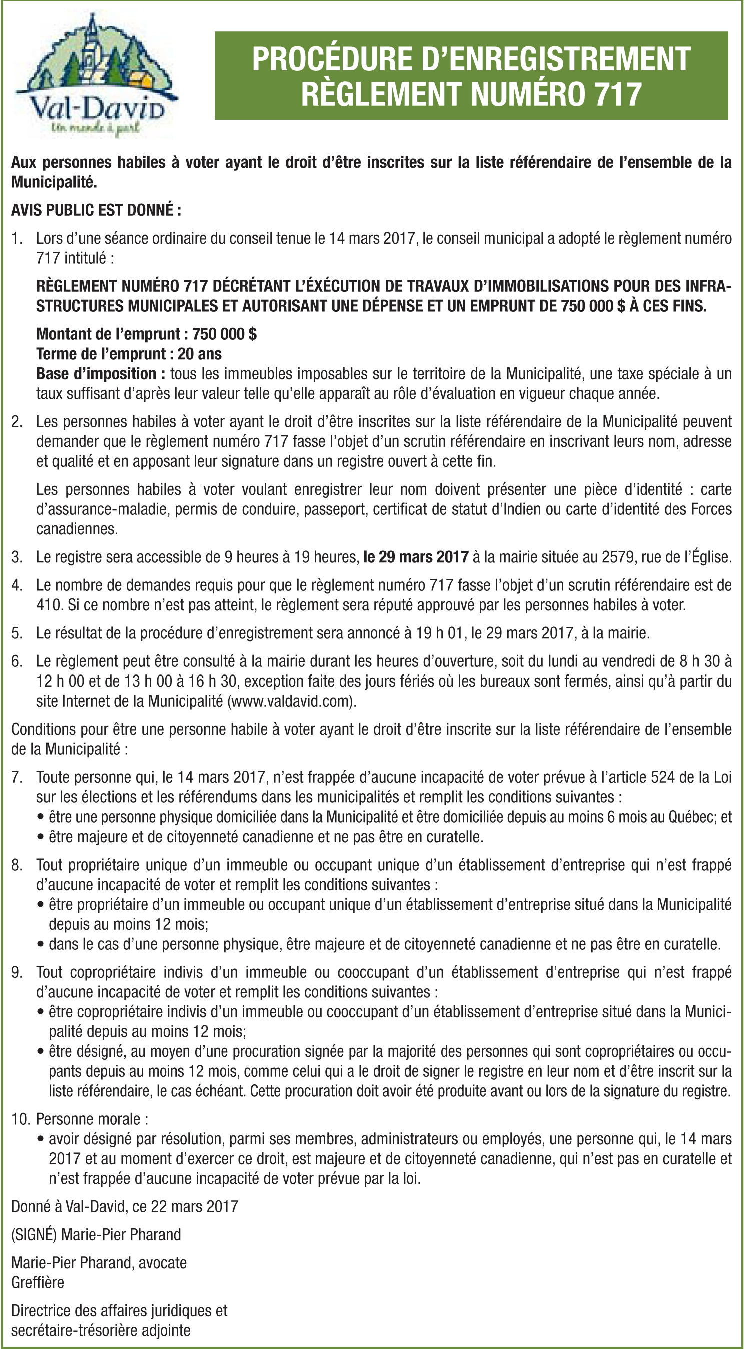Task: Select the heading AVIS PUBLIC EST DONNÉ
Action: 96,210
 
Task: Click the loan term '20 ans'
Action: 199,353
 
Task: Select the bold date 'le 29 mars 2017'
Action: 415,557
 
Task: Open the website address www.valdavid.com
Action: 291,701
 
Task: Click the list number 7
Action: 16,777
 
